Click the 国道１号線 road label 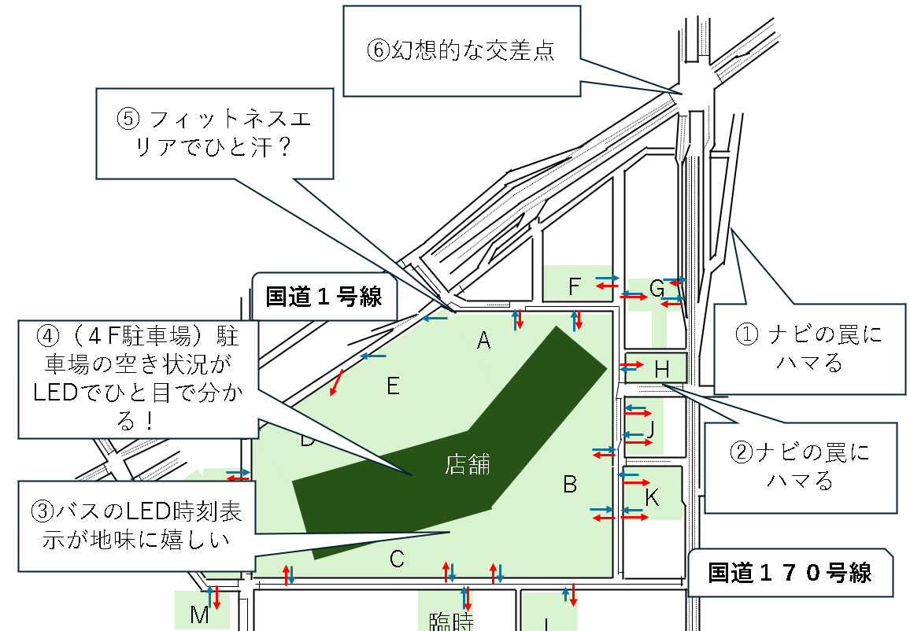coord(324,297)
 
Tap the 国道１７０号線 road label coord(790,572)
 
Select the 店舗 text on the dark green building coord(468,464)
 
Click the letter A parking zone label coord(484,341)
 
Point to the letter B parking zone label coord(570,485)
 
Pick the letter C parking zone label coord(397,559)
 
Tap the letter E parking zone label coord(394,386)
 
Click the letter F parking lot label coord(575,287)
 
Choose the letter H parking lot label coord(661,367)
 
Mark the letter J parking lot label coord(650,430)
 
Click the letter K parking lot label coord(652,497)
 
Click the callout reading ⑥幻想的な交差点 coord(461,50)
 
